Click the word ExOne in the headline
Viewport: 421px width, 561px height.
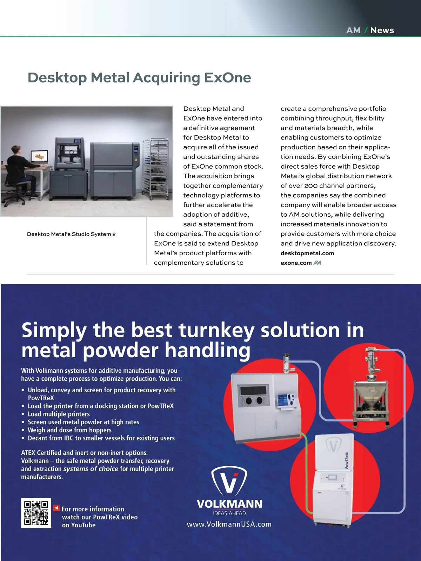pyautogui.click(x=227, y=77)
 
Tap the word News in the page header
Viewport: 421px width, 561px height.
pyautogui.click(x=382, y=30)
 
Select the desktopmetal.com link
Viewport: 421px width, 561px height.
pyautogui.click(x=307, y=253)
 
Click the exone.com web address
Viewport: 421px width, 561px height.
pyautogui.click(x=296, y=263)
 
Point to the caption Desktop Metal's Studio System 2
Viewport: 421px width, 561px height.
pyautogui.click(x=71, y=234)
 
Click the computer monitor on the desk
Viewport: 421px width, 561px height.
pyautogui.click(x=39, y=156)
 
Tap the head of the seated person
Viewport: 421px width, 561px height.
pyautogui.click(x=16, y=150)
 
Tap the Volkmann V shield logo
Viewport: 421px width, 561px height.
pyautogui.click(x=229, y=481)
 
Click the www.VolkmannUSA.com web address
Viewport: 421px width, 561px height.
pyautogui.click(x=229, y=525)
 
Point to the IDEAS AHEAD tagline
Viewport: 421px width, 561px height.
pyautogui.click(x=229, y=513)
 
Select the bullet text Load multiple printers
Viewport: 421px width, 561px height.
pyautogui.click(x=59, y=414)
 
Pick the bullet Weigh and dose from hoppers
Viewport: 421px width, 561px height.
pyautogui.click(x=69, y=430)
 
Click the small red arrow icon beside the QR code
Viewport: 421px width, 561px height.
pyautogui.click(x=56, y=508)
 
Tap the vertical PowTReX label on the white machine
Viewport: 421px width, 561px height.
pyautogui.click(x=347, y=460)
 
